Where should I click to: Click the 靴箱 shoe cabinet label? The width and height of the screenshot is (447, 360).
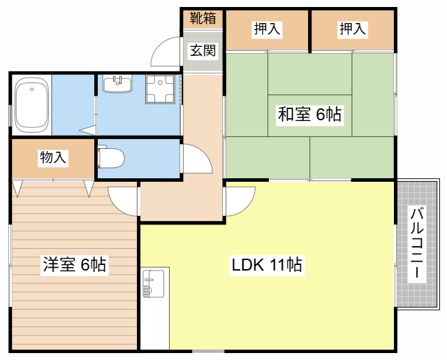(x=203, y=19)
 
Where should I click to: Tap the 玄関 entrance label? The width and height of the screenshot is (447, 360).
(x=203, y=50)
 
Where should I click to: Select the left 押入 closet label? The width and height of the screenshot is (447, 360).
(x=267, y=29)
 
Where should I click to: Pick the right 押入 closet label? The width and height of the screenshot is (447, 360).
(x=352, y=29)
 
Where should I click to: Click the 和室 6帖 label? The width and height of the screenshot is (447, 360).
(x=309, y=115)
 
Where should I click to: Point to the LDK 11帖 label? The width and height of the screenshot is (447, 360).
(x=267, y=265)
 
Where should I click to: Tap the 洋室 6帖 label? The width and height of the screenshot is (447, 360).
(x=75, y=264)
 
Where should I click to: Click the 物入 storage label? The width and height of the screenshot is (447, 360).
(x=53, y=157)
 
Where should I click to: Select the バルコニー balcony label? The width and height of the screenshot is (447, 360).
(x=416, y=244)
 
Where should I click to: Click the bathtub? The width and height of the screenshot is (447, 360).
(x=31, y=105)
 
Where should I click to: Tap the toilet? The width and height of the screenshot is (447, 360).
(x=110, y=157)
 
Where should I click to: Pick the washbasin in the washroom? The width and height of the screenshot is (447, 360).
(x=117, y=84)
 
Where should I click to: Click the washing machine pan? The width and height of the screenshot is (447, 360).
(x=160, y=89)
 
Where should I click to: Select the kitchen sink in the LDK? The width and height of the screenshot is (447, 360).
(x=154, y=284)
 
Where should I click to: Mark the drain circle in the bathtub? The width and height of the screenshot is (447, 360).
(x=31, y=89)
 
